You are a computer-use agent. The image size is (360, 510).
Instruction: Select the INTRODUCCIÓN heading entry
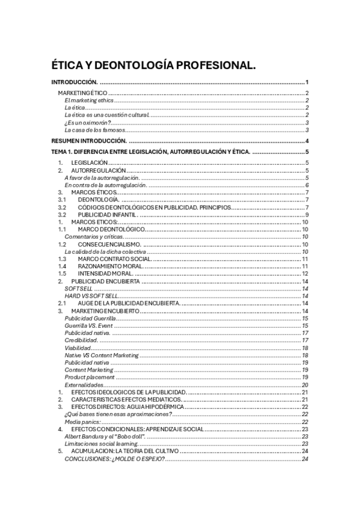click(x=75, y=82)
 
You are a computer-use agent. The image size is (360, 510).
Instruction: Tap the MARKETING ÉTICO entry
click(x=82, y=93)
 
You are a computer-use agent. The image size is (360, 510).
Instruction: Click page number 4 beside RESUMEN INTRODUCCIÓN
click(x=307, y=141)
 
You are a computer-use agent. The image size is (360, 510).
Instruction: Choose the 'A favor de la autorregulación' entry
click(x=102, y=177)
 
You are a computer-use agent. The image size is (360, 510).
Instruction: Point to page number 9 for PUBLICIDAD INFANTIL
click(x=307, y=215)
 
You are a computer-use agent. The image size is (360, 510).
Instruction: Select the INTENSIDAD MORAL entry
click(x=105, y=274)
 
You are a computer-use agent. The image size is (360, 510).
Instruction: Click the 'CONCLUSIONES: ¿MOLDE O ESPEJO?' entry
click(x=114, y=459)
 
